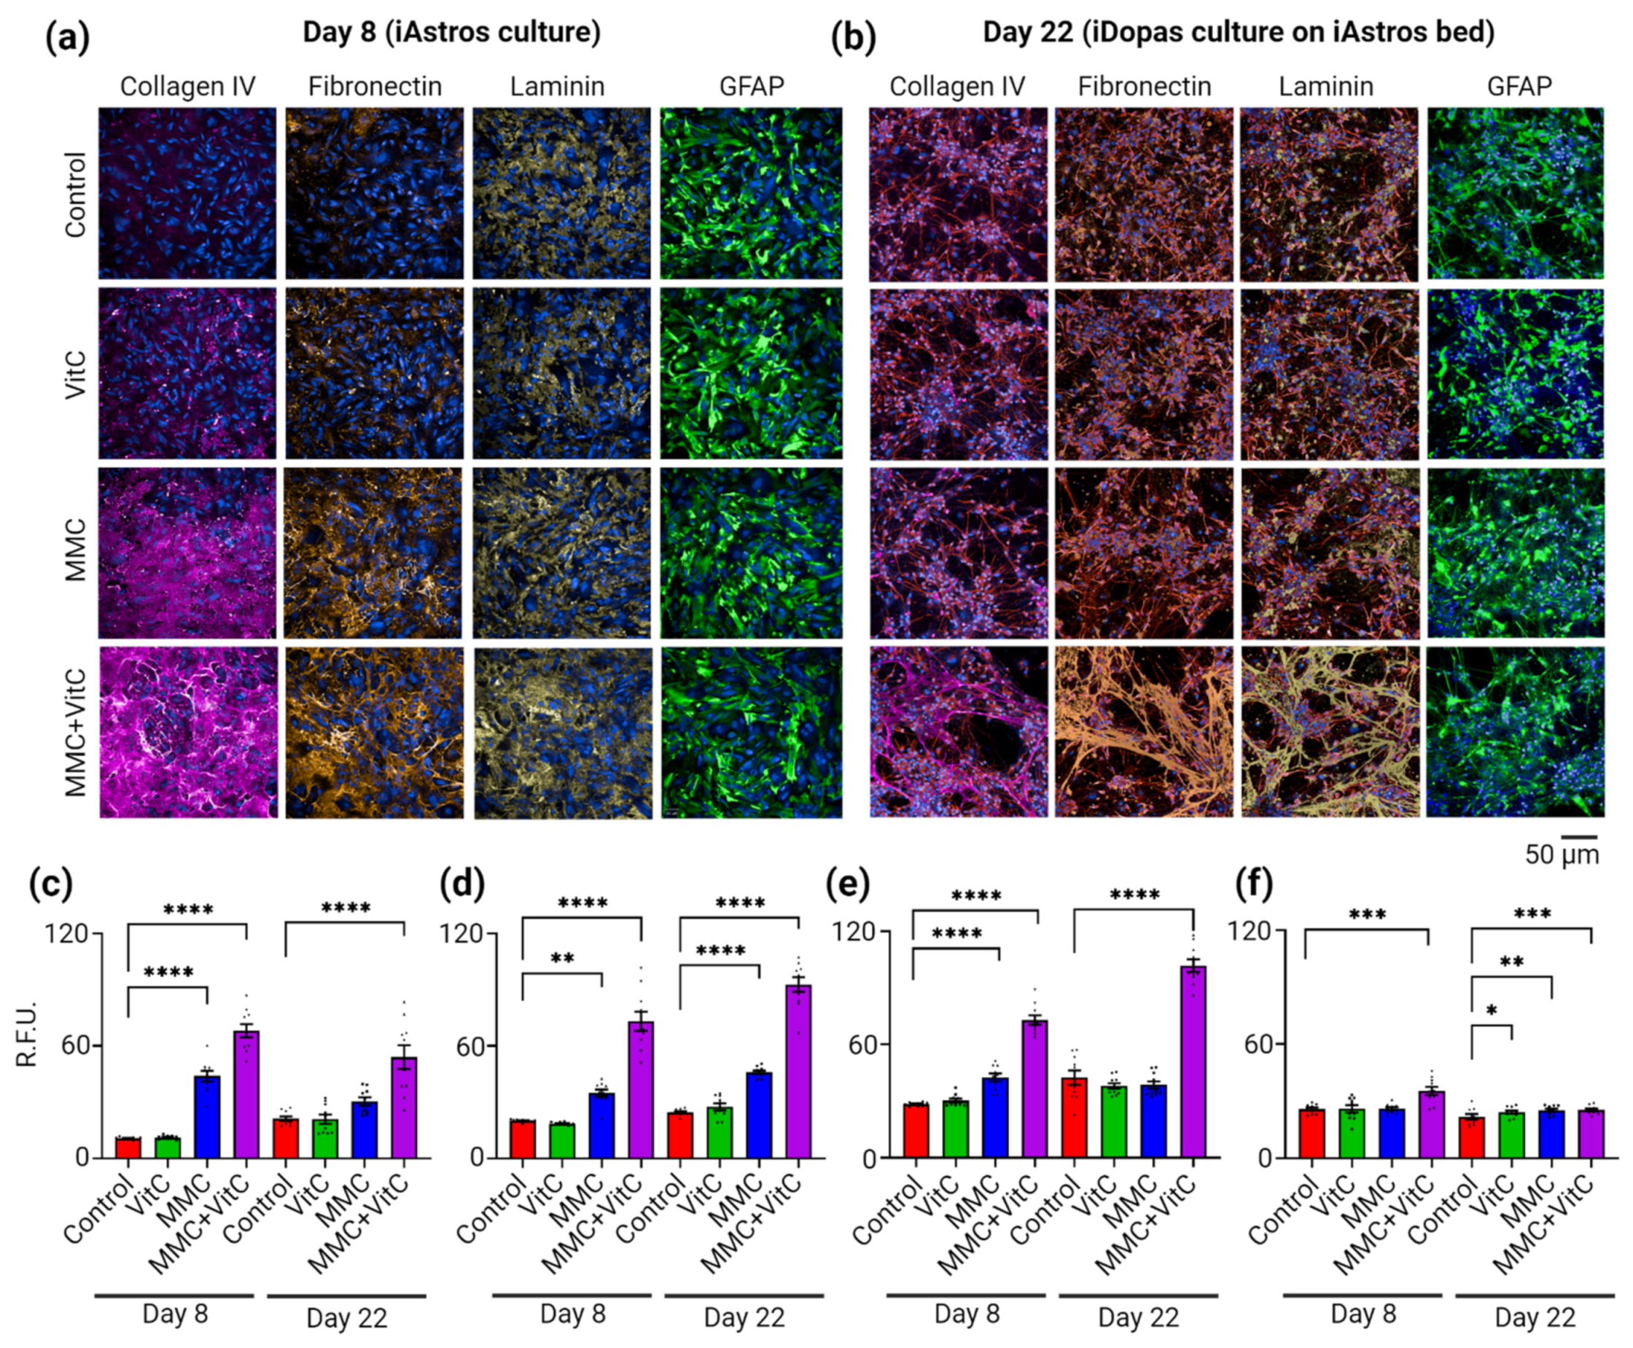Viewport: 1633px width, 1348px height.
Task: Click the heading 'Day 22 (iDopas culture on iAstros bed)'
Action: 1239,33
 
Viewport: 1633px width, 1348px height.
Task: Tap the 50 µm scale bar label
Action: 1562,855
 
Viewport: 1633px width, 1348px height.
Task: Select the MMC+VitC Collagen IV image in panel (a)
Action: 188,732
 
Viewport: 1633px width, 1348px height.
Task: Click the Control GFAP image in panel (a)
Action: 751,193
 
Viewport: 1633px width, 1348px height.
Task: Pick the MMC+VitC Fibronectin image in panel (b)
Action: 1144,732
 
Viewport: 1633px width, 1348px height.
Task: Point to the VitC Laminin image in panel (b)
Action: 1328,374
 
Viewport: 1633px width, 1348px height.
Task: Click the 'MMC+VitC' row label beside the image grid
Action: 75,732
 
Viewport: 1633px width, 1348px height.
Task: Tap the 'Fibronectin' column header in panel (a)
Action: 374,86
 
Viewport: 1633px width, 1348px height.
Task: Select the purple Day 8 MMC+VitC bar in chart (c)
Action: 246,1094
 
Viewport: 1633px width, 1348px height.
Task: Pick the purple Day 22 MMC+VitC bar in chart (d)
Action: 798,1072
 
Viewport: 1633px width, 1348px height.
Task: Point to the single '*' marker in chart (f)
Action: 1491,1012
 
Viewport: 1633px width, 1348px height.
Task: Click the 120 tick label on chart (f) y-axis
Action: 1250,930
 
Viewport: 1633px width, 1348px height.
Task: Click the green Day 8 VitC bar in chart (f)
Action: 1351,1133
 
